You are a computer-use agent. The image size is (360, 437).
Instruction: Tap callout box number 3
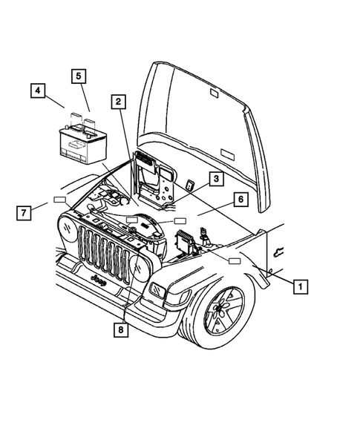point(214,178)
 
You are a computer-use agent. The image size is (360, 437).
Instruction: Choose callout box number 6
point(241,200)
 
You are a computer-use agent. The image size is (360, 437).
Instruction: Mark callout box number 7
point(24,213)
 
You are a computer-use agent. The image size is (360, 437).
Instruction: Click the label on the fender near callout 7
point(59,200)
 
